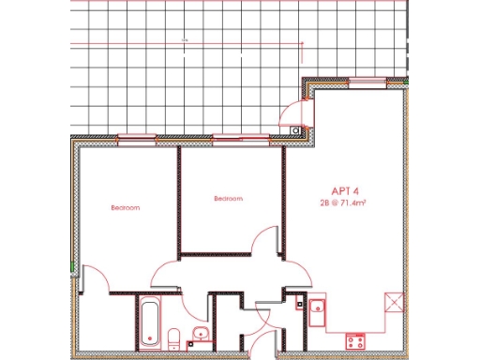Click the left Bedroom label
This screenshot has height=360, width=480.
(125, 207)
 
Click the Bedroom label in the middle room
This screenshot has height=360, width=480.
(228, 198)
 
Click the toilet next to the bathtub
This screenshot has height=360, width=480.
(174, 337)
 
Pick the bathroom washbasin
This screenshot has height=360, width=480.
(199, 335)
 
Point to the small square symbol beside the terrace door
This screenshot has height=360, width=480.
(296, 129)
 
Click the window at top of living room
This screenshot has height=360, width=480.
(359, 83)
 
